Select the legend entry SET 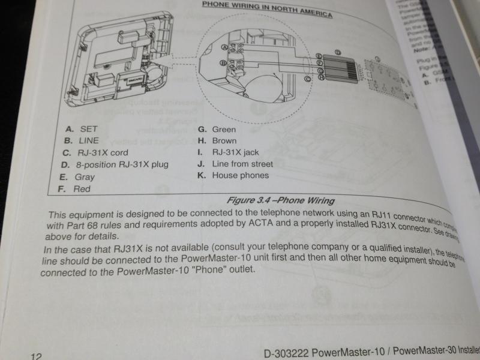(88, 128)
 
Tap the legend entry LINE (89, 140)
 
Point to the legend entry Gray (85, 177)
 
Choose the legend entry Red (82, 189)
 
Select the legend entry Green (224, 129)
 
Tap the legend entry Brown (224, 140)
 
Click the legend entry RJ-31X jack (235, 152)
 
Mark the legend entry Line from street (242, 164)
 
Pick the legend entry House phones (240, 176)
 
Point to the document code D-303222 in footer (288, 352)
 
